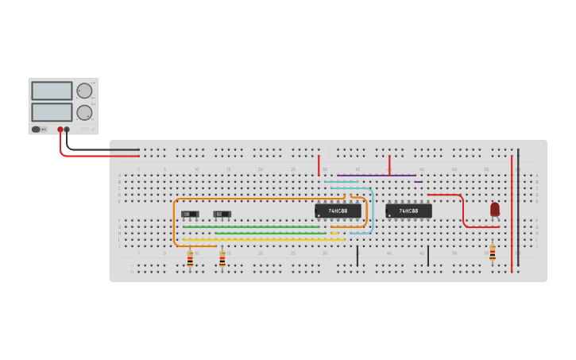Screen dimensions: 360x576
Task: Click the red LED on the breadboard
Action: (x=495, y=209)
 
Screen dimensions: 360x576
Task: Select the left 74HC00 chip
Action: (x=338, y=211)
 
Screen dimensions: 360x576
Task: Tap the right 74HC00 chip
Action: (x=408, y=211)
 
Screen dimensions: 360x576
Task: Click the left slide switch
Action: (x=190, y=214)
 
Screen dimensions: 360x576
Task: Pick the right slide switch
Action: (x=222, y=214)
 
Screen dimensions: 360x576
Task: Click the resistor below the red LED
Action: (x=493, y=253)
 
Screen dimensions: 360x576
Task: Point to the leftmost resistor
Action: (x=190, y=258)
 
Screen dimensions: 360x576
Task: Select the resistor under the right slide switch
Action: (x=222, y=258)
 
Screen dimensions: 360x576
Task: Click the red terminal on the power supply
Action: (x=60, y=130)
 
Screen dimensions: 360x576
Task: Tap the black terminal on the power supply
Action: (x=67, y=130)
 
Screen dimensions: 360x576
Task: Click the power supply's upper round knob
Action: (x=84, y=91)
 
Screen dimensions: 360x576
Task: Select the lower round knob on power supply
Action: (x=84, y=112)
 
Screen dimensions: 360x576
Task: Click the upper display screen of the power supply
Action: (x=52, y=91)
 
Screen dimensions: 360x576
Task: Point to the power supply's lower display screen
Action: (x=52, y=112)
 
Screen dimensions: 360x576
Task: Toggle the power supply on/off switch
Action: (x=36, y=130)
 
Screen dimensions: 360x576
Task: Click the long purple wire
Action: (x=376, y=176)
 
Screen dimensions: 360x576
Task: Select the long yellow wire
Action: (x=262, y=239)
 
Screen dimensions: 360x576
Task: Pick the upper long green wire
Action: (x=250, y=226)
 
